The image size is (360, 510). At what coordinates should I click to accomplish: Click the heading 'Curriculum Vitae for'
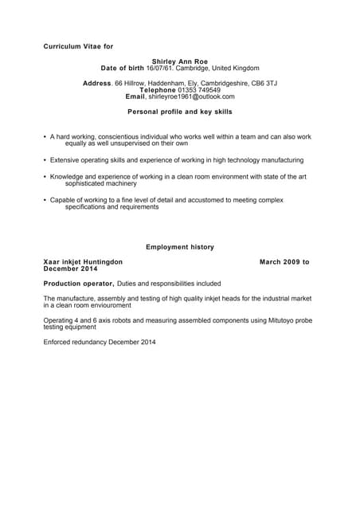[78, 47]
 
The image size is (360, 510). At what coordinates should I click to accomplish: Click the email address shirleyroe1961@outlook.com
[191, 96]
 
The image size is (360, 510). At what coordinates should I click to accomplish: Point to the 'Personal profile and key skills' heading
[180, 112]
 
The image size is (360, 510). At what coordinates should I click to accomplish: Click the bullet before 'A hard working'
[45, 137]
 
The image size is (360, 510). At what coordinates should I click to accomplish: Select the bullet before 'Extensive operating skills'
[45, 160]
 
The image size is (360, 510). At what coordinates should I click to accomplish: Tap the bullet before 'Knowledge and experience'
[45, 177]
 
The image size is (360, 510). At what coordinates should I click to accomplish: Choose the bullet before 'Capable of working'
[45, 200]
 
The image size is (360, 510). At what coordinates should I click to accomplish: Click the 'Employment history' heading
[180, 247]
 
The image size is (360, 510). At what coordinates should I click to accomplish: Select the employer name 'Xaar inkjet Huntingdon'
[83, 261]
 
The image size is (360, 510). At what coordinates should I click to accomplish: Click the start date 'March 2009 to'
[284, 261]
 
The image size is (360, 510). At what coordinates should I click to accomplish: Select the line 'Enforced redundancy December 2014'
[100, 343]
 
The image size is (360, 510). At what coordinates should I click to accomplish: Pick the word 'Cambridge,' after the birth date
[192, 69]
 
